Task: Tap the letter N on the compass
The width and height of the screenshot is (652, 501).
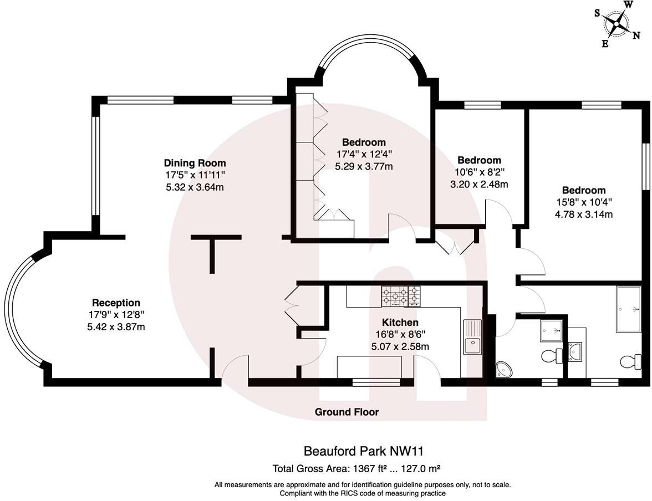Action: tap(635, 35)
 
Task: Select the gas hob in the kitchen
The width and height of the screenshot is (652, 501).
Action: tap(400, 296)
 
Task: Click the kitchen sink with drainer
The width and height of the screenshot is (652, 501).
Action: tap(472, 338)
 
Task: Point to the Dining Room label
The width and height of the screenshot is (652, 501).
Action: tap(195, 163)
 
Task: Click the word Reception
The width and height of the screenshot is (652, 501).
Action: tap(116, 303)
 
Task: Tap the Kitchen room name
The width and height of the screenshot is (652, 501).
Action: tap(400, 322)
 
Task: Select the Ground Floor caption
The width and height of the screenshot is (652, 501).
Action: tap(347, 412)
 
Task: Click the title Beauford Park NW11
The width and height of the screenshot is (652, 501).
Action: tap(364, 452)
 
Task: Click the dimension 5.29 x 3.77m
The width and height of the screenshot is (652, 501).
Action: tap(364, 166)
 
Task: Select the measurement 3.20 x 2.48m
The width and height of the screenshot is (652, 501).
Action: tap(479, 184)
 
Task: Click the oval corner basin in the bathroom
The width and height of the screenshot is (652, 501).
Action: tap(505, 369)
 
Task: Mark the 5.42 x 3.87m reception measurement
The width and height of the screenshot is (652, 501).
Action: tap(116, 327)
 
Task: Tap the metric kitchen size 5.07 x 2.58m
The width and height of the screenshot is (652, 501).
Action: tap(400, 347)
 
